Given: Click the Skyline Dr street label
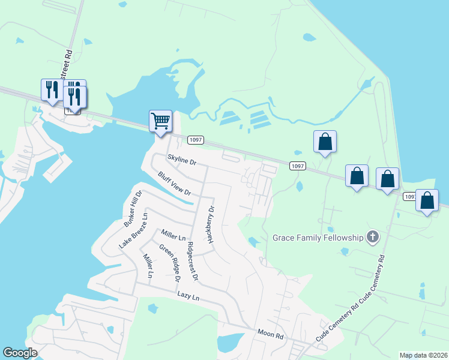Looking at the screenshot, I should [181, 160].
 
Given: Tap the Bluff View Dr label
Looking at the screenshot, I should [174, 184].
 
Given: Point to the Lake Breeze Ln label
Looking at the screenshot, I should [133, 230].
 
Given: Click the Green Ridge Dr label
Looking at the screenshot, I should [169, 263].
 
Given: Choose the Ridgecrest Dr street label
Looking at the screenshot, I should [192, 261].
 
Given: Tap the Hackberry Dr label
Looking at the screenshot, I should [211, 224].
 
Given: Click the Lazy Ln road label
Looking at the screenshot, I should [188, 295].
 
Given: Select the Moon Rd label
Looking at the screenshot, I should [270, 334].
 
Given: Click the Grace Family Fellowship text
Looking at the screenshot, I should [318, 238].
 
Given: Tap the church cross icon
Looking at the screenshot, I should [372, 237].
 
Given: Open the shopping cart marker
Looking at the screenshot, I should [160, 121].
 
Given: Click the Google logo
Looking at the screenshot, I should [20, 353].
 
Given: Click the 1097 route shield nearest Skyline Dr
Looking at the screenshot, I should [196, 140].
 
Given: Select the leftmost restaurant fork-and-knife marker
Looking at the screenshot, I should [51, 89].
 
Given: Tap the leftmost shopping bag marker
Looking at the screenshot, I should [325, 142].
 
